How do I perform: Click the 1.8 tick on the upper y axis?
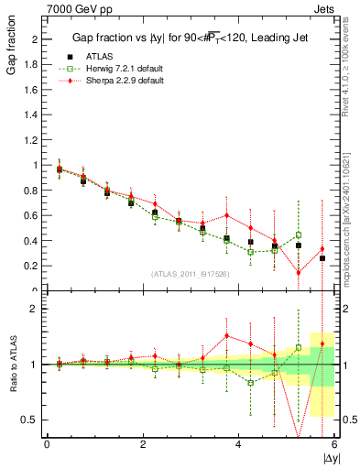(33, 65)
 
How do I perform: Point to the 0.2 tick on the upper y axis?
(33, 266)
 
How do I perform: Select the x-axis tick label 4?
(238, 443)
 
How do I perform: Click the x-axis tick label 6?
(333, 443)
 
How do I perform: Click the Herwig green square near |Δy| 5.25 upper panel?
(298, 234)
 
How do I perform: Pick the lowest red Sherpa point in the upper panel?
(298, 272)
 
